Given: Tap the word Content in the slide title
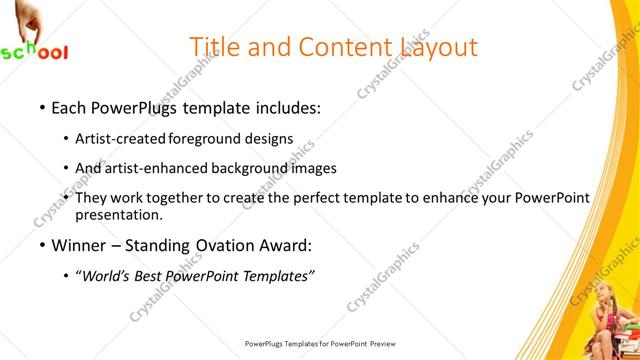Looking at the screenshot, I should (338, 47).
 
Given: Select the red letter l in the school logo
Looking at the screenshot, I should (64, 52).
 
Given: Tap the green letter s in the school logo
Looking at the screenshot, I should (7, 54).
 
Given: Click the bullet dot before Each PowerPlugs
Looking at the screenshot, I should (41, 105).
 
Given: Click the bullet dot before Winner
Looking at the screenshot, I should (41, 245).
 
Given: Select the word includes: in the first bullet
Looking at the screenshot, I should (286, 105).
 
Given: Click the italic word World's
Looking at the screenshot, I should (107, 275).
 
